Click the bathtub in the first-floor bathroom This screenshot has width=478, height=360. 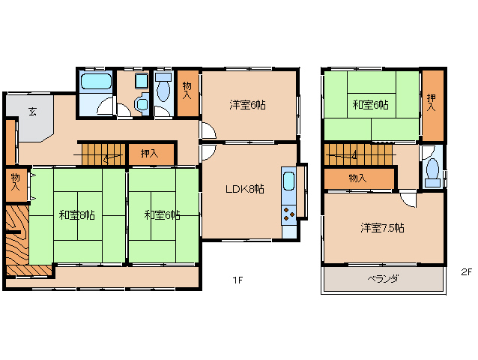point(96,81)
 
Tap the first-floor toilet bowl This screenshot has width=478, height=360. point(163,91)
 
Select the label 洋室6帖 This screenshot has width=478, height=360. point(247,105)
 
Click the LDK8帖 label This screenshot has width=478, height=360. point(245,189)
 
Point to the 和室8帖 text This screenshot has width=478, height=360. point(77,215)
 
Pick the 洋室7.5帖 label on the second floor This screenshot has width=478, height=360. point(382,228)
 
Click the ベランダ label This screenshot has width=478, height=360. point(383,279)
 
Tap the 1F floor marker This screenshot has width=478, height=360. point(238,280)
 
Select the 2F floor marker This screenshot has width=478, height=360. point(467,271)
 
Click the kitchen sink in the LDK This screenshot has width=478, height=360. point(288,181)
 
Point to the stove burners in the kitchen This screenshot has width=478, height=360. point(288,214)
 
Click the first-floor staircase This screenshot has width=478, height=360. point(103,154)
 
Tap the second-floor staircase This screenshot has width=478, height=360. point(358,154)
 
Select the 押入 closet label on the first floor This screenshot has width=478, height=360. point(149,154)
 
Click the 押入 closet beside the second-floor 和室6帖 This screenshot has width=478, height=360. point(432,106)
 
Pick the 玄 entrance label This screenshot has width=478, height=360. point(32,112)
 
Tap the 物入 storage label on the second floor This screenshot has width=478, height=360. point(357,178)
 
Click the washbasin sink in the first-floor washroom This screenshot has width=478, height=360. point(142,104)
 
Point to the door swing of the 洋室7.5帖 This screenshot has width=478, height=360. point(408,199)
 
